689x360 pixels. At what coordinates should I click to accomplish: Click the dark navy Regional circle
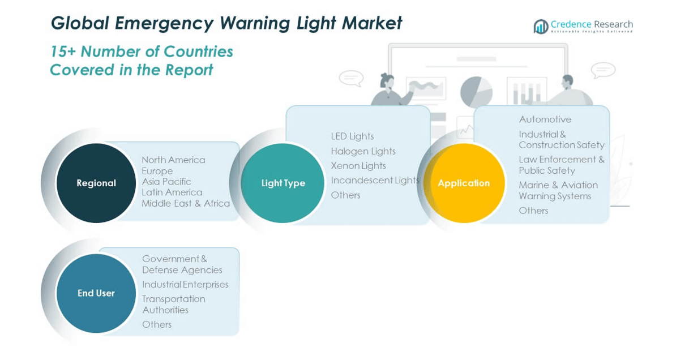(x=96, y=183)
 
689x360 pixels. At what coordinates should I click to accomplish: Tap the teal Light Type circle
(x=283, y=183)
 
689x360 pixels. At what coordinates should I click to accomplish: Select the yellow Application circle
(x=464, y=183)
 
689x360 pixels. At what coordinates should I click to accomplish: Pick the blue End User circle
(x=96, y=293)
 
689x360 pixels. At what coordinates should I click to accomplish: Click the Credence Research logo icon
(x=541, y=27)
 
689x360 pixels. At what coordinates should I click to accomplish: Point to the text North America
(x=173, y=160)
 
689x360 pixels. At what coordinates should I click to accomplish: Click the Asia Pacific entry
(x=166, y=182)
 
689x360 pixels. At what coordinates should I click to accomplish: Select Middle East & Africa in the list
(x=186, y=204)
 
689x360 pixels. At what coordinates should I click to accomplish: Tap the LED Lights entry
(x=353, y=136)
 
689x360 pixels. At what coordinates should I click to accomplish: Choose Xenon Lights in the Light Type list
(x=358, y=166)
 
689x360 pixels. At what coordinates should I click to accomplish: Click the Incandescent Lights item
(x=375, y=181)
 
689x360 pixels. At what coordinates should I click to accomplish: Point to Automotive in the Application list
(x=545, y=119)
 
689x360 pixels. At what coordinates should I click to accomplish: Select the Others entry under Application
(x=534, y=211)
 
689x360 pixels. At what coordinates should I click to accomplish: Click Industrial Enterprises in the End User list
(x=186, y=285)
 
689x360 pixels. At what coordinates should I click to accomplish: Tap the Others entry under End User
(x=157, y=325)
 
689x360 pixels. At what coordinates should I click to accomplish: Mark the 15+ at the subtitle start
(x=63, y=52)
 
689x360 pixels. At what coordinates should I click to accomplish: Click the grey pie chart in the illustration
(x=476, y=92)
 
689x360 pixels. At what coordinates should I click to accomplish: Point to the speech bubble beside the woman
(x=351, y=78)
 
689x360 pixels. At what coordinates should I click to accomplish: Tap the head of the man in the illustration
(x=567, y=81)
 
